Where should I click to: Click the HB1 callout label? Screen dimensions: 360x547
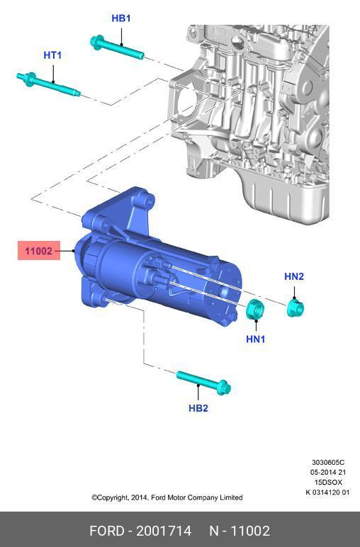[121, 18]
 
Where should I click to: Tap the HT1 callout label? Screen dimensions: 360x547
[52, 55]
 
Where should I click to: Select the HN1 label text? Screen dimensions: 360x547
[256, 339]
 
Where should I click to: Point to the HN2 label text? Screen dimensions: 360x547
[294, 276]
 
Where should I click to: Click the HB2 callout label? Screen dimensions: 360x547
[198, 408]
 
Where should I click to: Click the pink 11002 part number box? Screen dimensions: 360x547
[39, 251]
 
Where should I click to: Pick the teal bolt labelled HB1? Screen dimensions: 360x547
[117, 47]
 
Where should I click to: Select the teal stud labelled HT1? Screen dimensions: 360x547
[48, 83]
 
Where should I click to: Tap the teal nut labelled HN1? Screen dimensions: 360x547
[255, 309]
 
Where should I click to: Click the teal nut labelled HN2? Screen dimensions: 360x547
[295, 308]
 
